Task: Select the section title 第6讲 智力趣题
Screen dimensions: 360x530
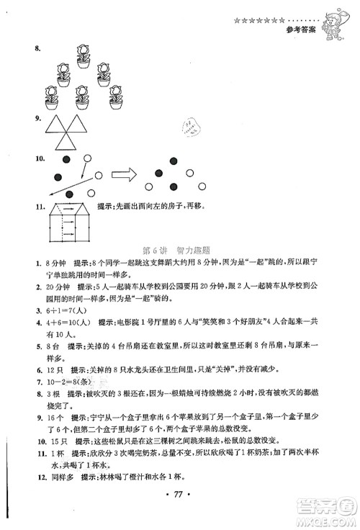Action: click(x=176, y=251)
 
